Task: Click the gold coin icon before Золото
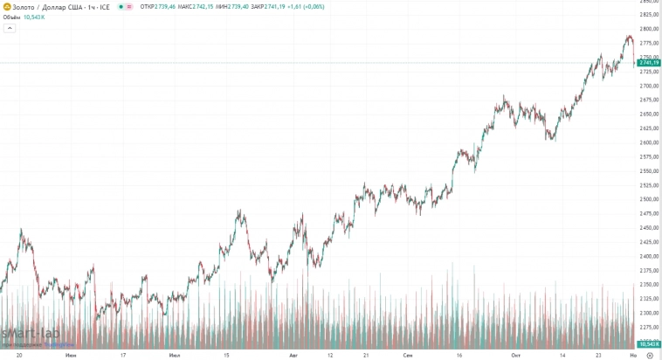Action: [6, 7]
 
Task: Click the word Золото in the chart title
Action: [24, 7]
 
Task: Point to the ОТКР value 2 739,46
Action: [162, 7]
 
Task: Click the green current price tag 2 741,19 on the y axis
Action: [648, 63]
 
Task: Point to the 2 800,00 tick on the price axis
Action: [648, 29]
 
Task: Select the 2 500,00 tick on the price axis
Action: [648, 199]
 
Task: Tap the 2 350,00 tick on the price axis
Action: [648, 285]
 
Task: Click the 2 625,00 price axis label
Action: [648, 128]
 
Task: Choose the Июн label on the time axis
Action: [71, 356]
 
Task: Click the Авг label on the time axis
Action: [294, 356]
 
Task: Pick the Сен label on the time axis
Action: [408, 356]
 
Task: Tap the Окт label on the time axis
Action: [516, 356]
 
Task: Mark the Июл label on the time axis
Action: [175, 356]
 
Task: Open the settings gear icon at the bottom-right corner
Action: [649, 356]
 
